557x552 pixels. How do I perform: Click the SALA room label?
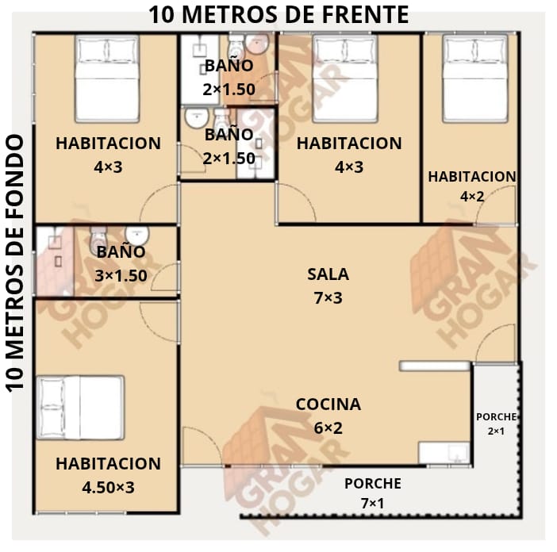pos(328,274)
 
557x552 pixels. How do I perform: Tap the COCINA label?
pos(328,404)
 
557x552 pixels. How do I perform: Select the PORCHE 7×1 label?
pos(373,493)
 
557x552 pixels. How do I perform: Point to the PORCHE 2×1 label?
pos(496,424)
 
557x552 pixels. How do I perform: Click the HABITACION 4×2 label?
pos(472,186)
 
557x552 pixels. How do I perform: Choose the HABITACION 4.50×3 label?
pos(109,476)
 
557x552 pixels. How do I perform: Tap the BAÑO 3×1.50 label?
pos(121,264)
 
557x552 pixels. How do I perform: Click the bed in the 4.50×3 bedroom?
pos(81,408)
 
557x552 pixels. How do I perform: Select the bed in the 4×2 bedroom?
pos(475,79)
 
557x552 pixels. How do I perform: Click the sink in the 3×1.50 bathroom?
pos(137,236)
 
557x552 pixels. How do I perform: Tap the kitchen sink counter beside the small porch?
pos(444,453)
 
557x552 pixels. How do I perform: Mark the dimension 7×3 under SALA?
pos(328,298)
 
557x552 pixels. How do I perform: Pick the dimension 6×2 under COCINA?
pos(328,427)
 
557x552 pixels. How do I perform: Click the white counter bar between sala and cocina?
pos(435,366)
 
